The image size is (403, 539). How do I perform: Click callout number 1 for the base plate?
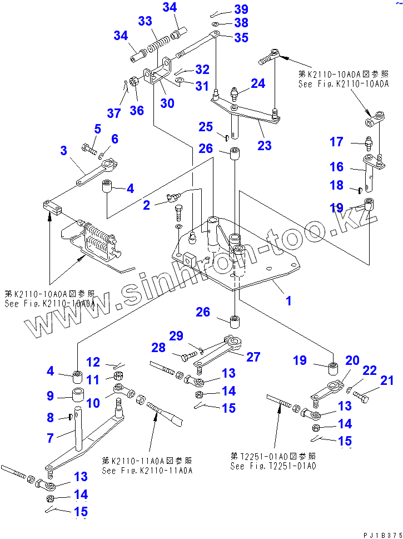[288, 301]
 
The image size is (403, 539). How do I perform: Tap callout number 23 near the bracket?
[265, 145]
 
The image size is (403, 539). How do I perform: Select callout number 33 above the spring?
[145, 21]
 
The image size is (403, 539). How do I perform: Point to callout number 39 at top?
[241, 9]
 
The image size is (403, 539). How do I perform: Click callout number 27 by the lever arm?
[253, 357]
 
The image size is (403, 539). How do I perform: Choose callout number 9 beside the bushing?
[49, 396]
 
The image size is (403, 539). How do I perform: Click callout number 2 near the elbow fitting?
[146, 205]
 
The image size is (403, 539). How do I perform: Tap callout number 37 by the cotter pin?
[114, 113]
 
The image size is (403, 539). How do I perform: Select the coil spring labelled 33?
[158, 43]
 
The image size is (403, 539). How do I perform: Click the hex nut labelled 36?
[134, 82]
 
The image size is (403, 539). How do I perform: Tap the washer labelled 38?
[215, 25]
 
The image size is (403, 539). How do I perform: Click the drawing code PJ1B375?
[381, 534]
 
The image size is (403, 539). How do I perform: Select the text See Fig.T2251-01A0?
[273, 466]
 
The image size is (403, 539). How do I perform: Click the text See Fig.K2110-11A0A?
[147, 471]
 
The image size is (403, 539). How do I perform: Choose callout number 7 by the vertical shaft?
[50, 438]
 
